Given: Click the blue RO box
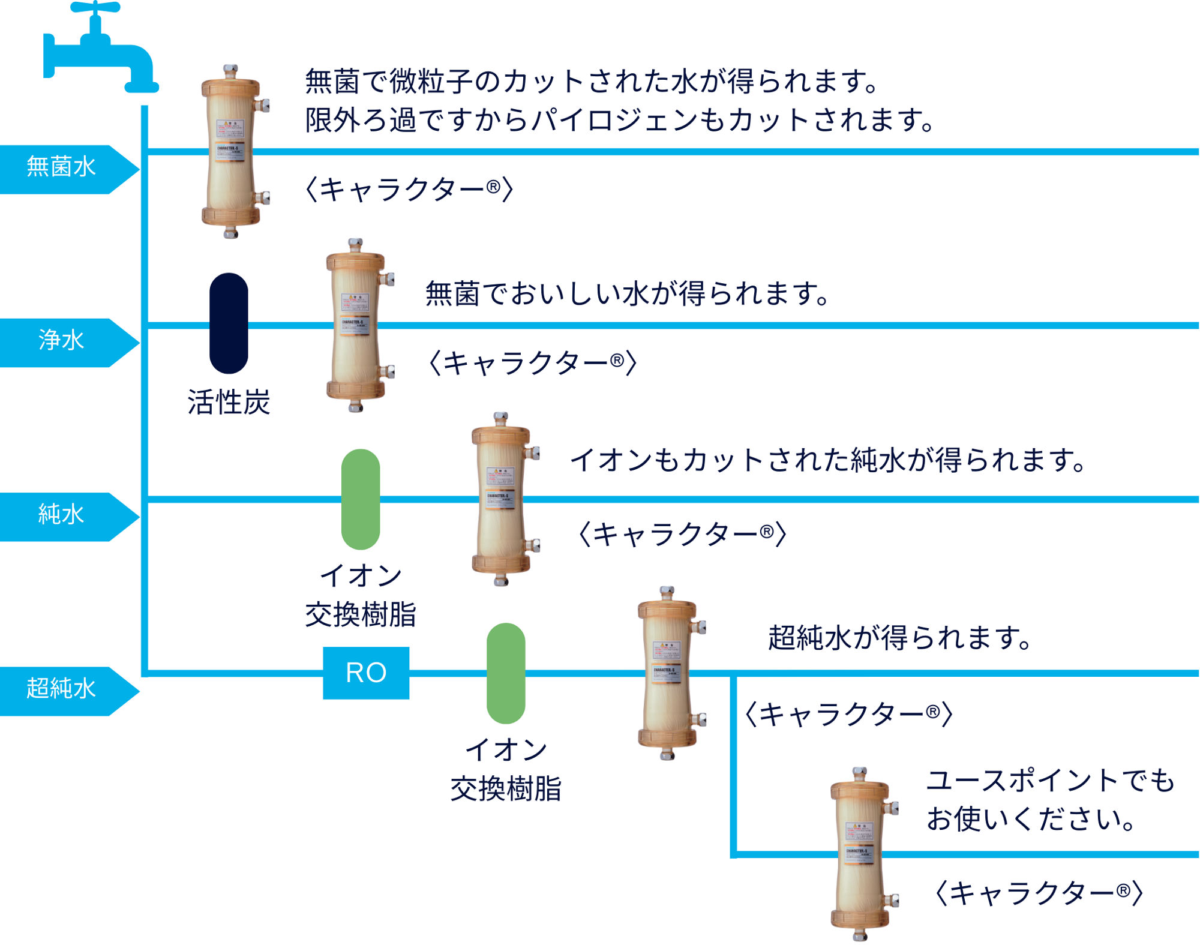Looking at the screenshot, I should [366, 673].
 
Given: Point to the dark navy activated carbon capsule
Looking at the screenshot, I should [229, 323].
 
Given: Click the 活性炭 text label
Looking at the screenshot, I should [229, 402].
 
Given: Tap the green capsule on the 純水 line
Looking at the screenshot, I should [360, 499].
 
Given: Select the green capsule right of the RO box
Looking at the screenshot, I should [506, 673].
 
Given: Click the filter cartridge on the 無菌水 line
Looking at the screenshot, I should [232, 151].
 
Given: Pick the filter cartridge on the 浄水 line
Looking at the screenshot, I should [356, 325].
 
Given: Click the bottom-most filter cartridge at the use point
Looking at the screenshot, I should [860, 853].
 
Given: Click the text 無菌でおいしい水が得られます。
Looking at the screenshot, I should [627, 293].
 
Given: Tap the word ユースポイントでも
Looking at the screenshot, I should [1050, 781].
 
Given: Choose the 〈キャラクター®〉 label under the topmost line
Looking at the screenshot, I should [409, 190].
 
